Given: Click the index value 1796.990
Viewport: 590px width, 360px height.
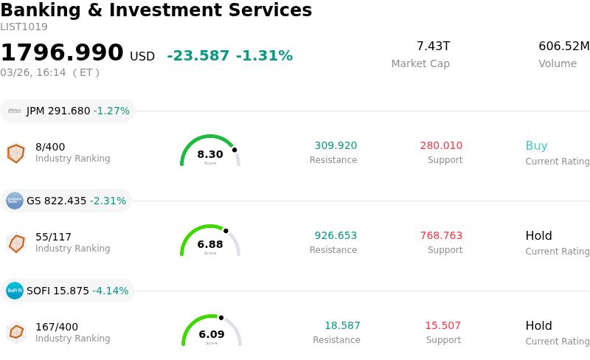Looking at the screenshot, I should [62, 53].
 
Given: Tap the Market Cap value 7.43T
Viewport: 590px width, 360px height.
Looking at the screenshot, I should [433, 46].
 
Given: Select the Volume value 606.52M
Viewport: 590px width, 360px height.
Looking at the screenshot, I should [563, 46].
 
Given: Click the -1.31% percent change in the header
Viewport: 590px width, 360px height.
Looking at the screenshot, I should [264, 56].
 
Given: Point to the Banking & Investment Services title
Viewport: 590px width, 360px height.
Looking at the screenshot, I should [156, 10].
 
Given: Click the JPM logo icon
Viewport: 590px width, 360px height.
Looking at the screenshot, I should [15, 111].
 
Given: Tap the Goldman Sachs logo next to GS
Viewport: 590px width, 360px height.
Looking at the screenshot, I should [15, 201].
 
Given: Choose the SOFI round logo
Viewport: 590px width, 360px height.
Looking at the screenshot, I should [15, 291].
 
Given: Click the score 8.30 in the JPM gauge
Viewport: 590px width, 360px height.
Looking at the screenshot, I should [210, 154].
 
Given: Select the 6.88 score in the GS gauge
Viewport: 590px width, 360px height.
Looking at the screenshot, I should [210, 244].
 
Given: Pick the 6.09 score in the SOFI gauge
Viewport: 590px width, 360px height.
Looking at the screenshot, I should [212, 334].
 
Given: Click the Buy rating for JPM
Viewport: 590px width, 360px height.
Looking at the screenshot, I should [536, 145].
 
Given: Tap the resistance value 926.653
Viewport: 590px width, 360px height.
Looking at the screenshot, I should [336, 236].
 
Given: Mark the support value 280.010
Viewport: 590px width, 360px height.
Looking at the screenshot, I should [441, 146].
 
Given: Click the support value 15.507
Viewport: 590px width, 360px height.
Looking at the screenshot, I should [442, 326].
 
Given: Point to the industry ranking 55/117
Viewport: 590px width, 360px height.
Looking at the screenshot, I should [53, 237].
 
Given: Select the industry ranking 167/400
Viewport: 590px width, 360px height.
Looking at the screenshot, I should [57, 327].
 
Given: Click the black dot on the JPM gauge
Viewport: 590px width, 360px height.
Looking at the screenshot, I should [235, 150].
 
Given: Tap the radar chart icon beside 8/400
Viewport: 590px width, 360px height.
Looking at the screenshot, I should [15, 153].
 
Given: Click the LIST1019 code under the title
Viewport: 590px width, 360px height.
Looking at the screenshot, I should [24, 27].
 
